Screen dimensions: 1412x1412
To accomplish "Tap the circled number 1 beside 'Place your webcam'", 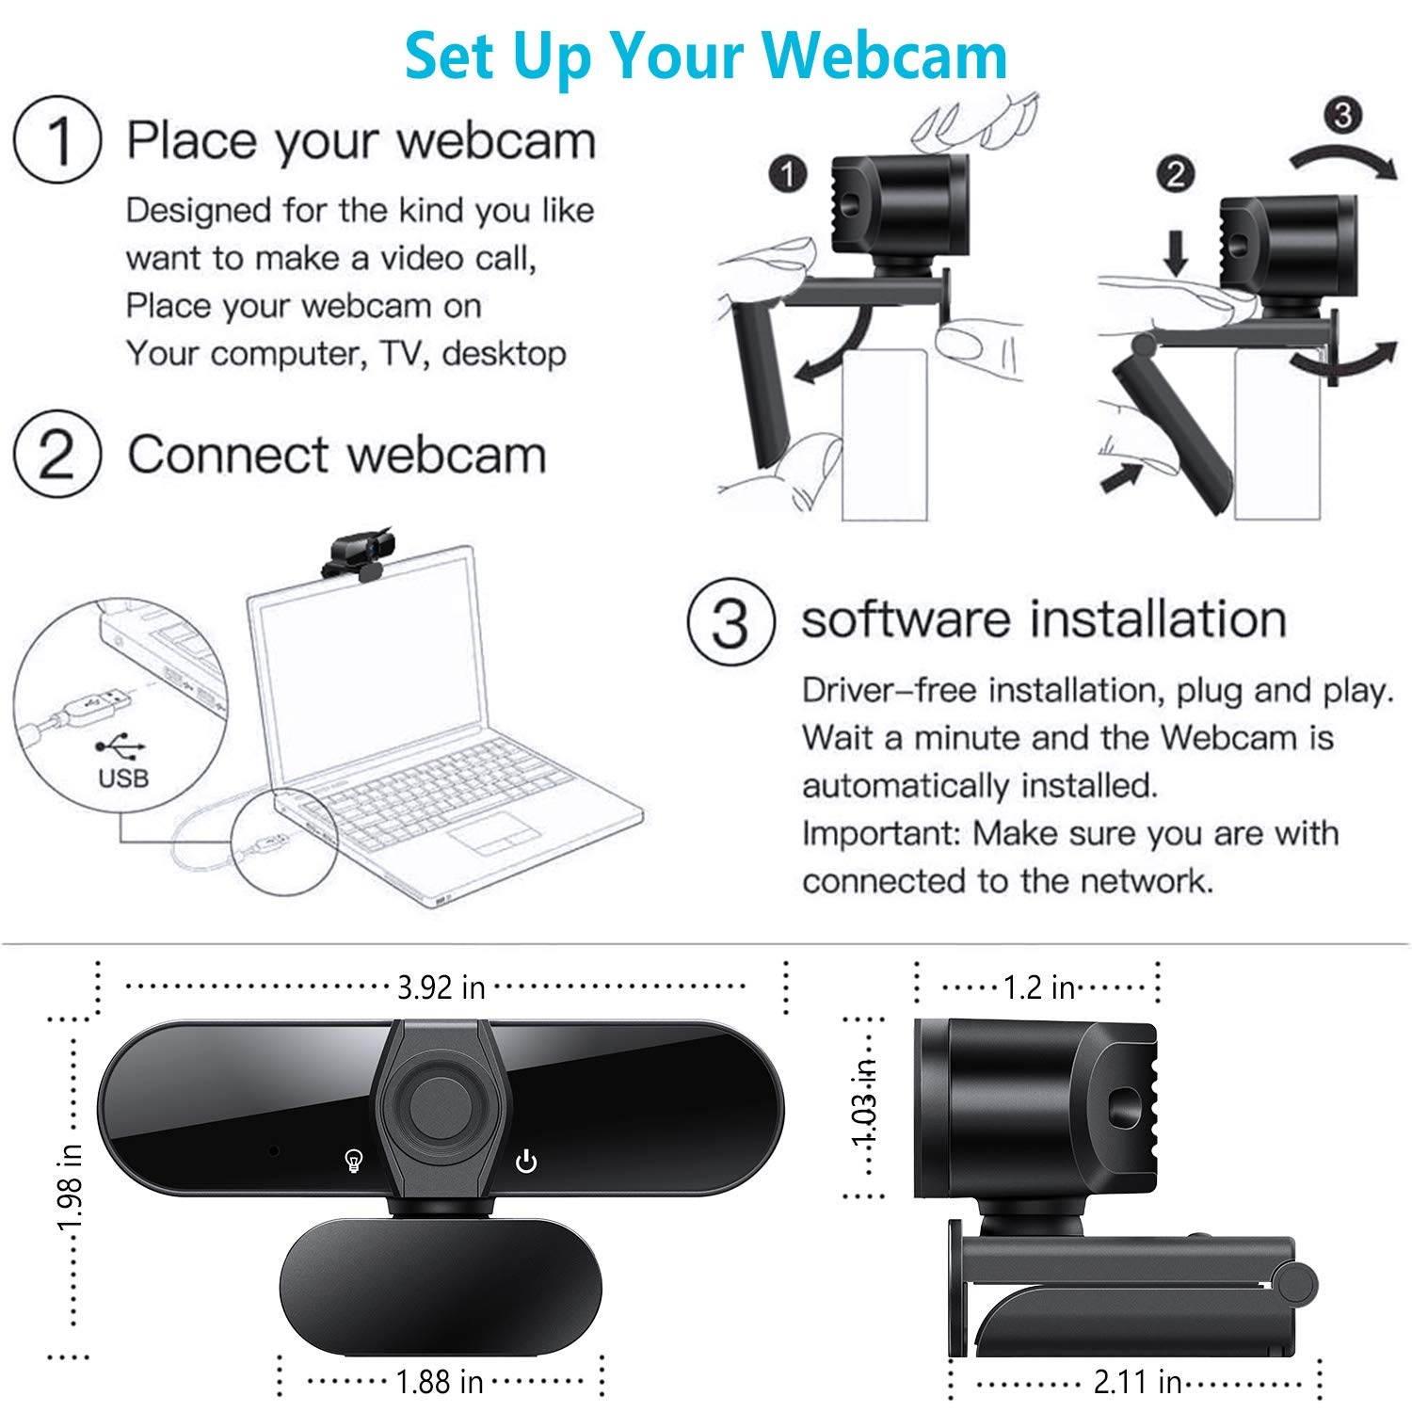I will click(x=57, y=141).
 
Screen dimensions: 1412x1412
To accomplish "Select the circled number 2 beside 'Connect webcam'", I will click(x=57, y=456).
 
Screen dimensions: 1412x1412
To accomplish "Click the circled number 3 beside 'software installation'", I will click(x=731, y=621).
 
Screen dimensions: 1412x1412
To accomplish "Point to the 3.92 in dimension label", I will click(x=441, y=987).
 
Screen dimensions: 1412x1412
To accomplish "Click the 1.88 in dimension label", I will click(x=439, y=1381).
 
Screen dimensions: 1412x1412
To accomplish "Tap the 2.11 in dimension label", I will click(x=1136, y=1381).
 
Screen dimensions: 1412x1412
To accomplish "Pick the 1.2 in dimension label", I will click(x=1038, y=987).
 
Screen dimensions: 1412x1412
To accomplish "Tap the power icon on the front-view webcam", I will click(x=526, y=1162).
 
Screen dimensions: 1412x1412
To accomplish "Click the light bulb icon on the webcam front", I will click(x=354, y=1162).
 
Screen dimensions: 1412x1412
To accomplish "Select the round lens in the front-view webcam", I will click(x=435, y=1103).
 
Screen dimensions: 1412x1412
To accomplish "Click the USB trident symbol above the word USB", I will click(x=121, y=746).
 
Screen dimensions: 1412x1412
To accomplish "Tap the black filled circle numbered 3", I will click(x=1342, y=115).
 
